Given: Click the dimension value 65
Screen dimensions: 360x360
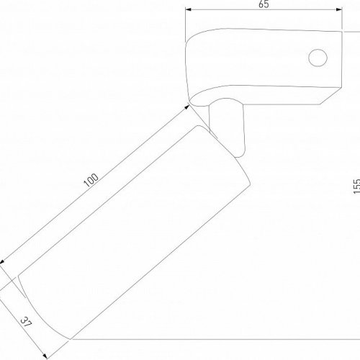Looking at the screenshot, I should (x=263, y=4).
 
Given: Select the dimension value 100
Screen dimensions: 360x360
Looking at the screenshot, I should (x=91, y=180).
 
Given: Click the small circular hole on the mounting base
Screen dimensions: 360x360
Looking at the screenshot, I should (x=316, y=57).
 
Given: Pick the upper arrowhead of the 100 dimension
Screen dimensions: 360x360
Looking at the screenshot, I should (x=189, y=107).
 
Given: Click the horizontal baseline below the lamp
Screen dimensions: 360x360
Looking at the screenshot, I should (x=216, y=337).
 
